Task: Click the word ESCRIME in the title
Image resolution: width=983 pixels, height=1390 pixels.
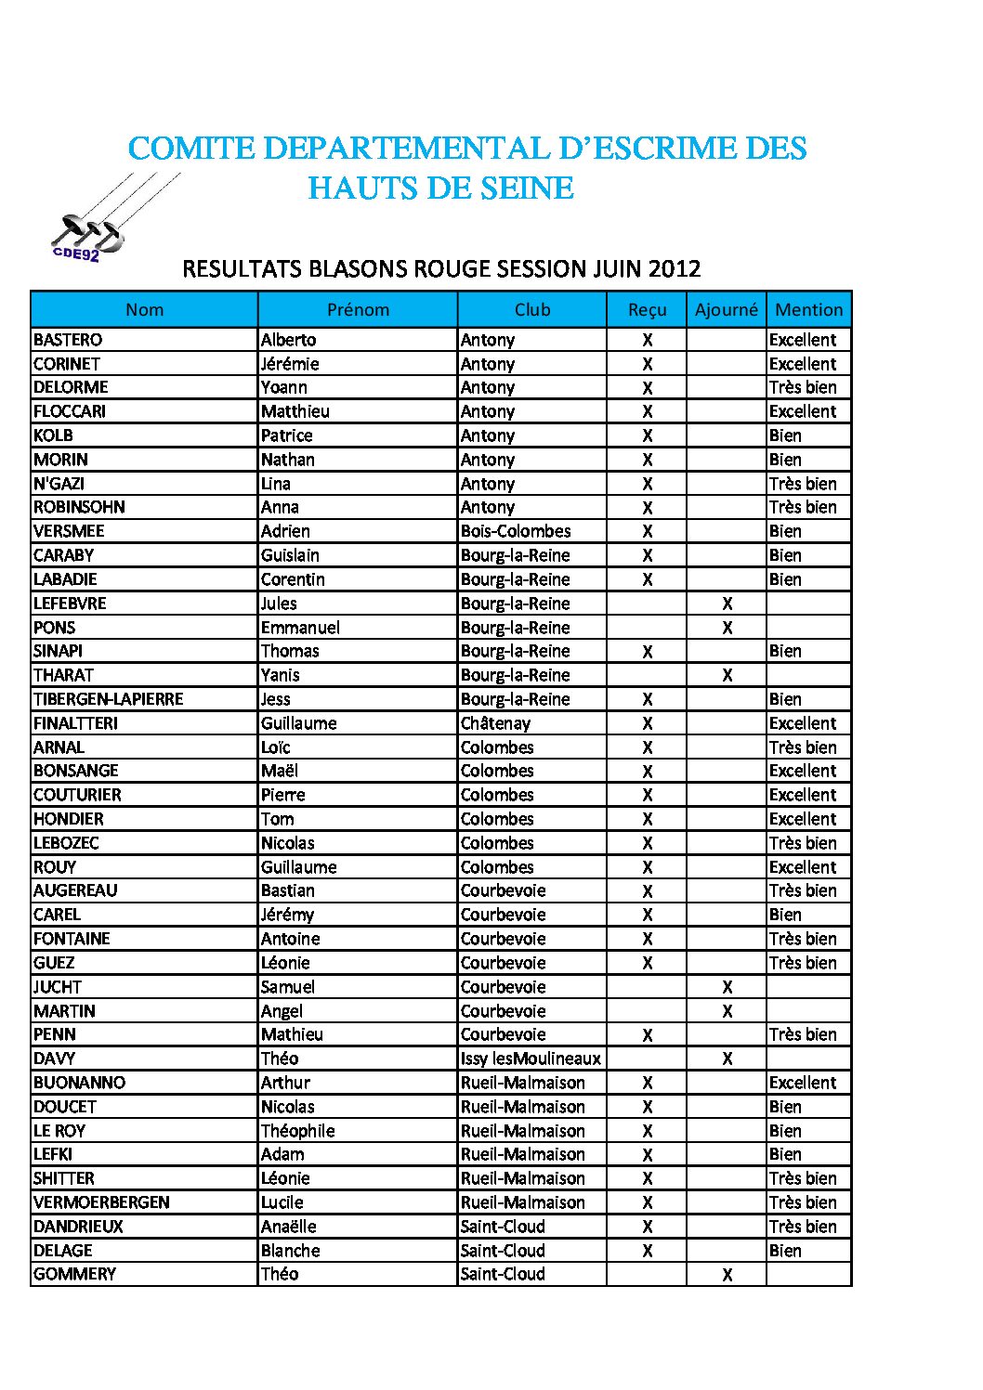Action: click(x=672, y=149)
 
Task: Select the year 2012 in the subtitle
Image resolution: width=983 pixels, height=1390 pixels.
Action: click(x=674, y=269)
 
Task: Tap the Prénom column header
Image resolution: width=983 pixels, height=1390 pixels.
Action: click(x=358, y=310)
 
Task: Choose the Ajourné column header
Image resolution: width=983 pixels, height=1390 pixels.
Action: click(x=726, y=310)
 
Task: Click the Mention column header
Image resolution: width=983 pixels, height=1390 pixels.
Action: click(x=808, y=310)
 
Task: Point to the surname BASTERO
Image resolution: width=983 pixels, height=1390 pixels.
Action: click(x=68, y=340)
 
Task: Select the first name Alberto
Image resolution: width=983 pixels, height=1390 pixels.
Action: click(x=288, y=340)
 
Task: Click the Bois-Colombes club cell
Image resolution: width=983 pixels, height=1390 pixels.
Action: click(x=516, y=531)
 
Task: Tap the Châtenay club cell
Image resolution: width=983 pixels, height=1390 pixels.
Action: click(x=495, y=723)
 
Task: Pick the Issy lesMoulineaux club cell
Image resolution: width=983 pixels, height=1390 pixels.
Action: click(x=531, y=1059)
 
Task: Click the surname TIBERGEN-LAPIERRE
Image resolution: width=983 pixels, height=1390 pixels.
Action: click(x=108, y=699)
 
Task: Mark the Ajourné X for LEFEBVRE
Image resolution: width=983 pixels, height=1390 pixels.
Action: click(x=727, y=604)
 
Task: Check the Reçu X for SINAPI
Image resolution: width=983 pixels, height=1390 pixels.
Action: click(x=647, y=652)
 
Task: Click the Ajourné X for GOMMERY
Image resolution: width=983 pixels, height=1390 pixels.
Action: click(x=727, y=1275)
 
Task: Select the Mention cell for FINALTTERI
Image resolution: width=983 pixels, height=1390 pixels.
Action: click(x=803, y=723)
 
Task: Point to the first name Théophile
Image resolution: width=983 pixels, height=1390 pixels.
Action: click(x=297, y=1131)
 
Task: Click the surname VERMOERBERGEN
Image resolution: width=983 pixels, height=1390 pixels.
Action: click(x=101, y=1202)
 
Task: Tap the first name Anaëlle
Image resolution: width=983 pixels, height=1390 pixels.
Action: click(x=288, y=1227)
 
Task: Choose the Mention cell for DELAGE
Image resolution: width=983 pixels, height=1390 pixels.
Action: click(x=785, y=1251)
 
